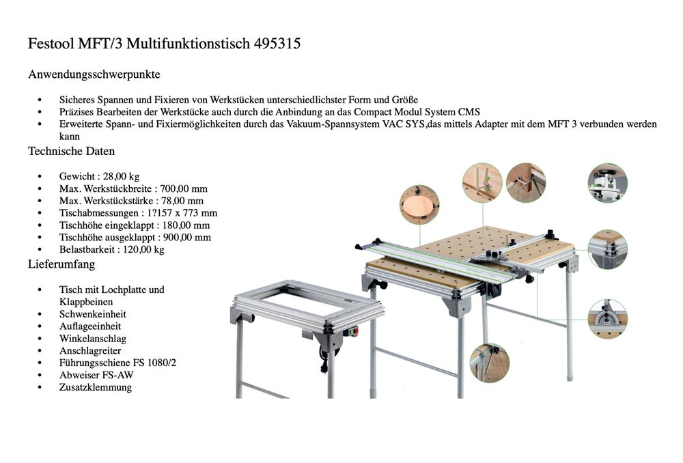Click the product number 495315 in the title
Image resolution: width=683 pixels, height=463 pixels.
277,44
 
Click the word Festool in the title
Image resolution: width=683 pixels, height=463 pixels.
53,44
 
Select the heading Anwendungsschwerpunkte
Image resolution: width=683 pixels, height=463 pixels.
94,74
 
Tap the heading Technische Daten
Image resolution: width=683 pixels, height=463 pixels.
71,151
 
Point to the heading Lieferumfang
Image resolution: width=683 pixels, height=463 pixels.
61,264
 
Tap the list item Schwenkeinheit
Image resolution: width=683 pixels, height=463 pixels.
93,314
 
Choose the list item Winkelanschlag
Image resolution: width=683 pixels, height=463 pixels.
93,338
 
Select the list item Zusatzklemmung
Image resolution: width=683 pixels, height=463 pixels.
96,387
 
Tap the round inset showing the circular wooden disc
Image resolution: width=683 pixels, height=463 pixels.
419,204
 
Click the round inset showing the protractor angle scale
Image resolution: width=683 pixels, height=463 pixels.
607,319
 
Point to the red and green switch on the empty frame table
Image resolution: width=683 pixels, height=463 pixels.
353,333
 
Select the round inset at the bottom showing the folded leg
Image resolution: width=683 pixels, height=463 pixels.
490,363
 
